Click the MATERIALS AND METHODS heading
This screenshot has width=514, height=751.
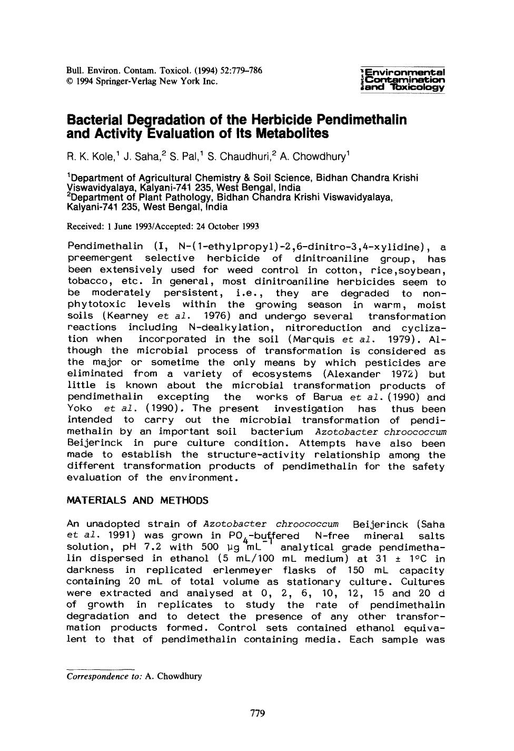click(x=137, y=501)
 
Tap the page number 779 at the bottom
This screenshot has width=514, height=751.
click(x=257, y=714)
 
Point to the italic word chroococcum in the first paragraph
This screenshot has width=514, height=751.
click(x=416, y=432)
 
